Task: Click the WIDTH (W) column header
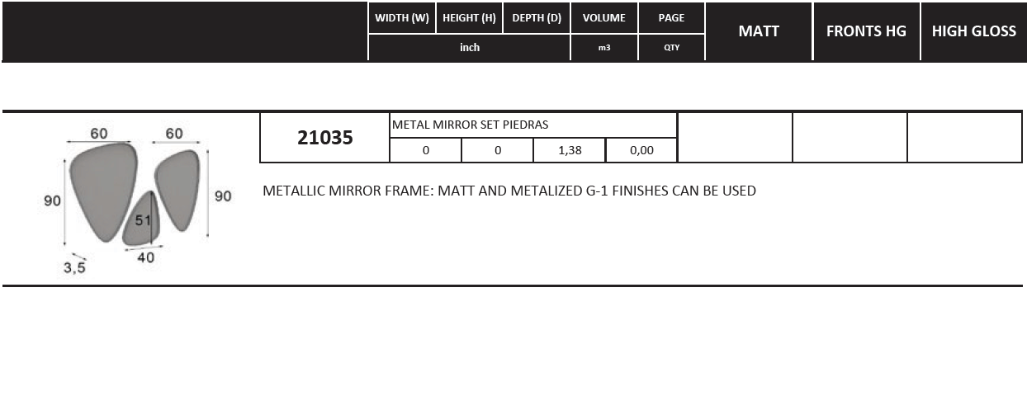click(401, 18)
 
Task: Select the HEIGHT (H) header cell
click(469, 18)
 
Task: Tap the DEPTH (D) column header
click(537, 18)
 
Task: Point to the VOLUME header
click(603, 18)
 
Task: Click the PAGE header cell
click(671, 18)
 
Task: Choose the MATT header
click(759, 31)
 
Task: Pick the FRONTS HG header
click(866, 31)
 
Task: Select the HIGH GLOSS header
click(974, 31)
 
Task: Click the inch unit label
click(470, 47)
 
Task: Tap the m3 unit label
click(603, 48)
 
